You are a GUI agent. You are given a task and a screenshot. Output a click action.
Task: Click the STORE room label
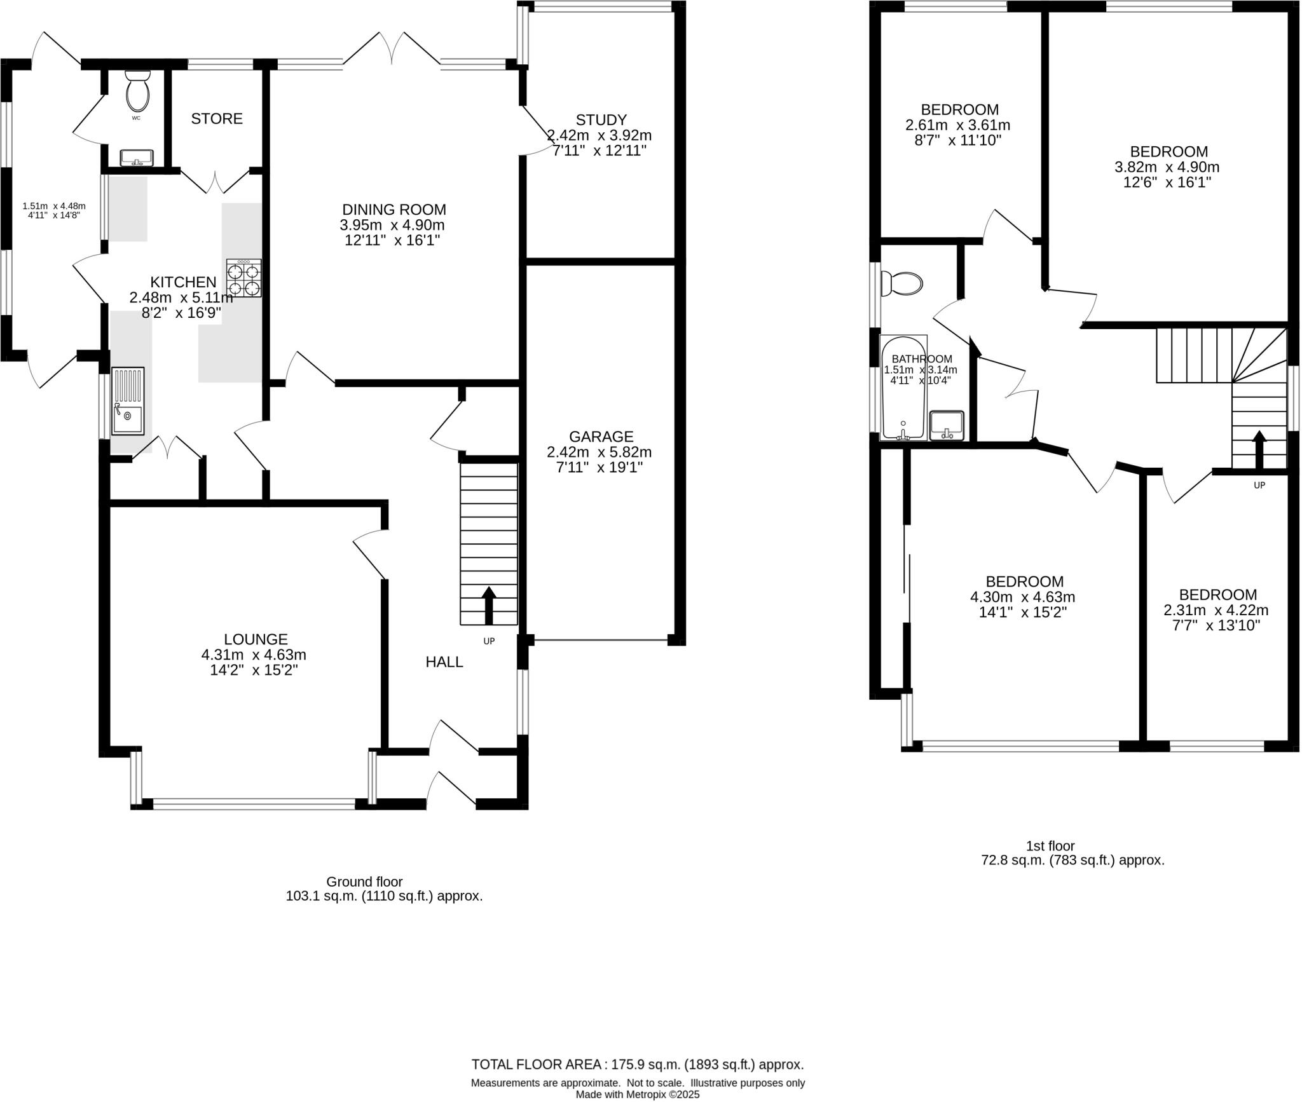tap(217, 119)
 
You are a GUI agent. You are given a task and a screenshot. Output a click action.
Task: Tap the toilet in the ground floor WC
tap(137, 93)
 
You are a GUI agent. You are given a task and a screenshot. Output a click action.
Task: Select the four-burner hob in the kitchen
tap(245, 278)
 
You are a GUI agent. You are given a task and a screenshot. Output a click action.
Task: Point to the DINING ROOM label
tap(394, 210)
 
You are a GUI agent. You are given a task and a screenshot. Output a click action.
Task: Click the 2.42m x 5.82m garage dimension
tap(599, 452)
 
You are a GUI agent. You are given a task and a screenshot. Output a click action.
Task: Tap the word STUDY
tap(601, 119)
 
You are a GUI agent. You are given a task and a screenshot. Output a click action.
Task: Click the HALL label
tap(444, 662)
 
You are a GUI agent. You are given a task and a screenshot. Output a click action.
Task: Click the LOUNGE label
tap(256, 639)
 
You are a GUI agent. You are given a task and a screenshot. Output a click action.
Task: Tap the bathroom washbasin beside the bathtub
tap(947, 425)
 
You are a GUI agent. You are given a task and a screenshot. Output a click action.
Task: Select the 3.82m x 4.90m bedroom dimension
tap(1167, 167)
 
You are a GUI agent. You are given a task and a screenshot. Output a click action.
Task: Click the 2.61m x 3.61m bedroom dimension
tap(957, 125)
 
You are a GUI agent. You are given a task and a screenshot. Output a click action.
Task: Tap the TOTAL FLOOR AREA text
tap(637, 1065)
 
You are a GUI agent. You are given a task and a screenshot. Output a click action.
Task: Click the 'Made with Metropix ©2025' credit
tap(637, 1094)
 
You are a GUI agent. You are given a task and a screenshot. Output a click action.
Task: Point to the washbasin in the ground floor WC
tap(136, 156)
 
